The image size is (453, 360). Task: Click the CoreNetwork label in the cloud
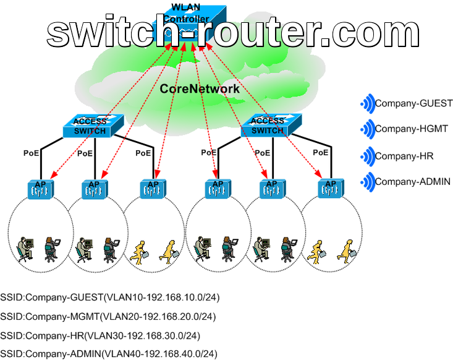[200, 89]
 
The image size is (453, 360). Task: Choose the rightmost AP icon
[331, 188]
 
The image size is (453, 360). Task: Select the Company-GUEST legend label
[414, 103]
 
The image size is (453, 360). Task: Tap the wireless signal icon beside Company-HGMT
[367, 129]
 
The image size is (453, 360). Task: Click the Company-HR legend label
[404, 156]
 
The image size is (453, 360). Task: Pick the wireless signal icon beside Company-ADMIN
[367, 182]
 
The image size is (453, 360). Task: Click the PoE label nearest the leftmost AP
[32, 153]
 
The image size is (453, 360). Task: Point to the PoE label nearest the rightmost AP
[321, 152]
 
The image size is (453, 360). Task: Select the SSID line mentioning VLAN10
[110, 298]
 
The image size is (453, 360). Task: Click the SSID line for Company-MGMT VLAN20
[108, 317]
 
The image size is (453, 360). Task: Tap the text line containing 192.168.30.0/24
[100, 336]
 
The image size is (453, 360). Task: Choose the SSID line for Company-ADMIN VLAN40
[109, 354]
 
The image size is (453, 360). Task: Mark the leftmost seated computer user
[25, 247]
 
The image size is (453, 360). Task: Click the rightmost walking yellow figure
[344, 247]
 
